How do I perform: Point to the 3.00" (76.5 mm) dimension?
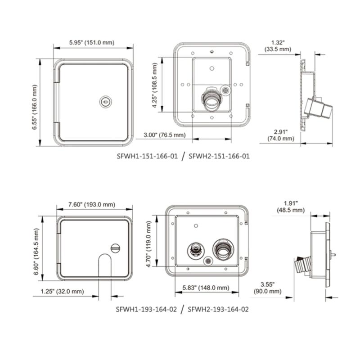point(164,135)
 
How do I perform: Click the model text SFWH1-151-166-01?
point(147,156)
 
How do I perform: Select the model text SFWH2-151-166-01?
point(219,156)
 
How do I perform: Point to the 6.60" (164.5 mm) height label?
point(37,248)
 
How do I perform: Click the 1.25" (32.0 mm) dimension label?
point(62,292)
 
